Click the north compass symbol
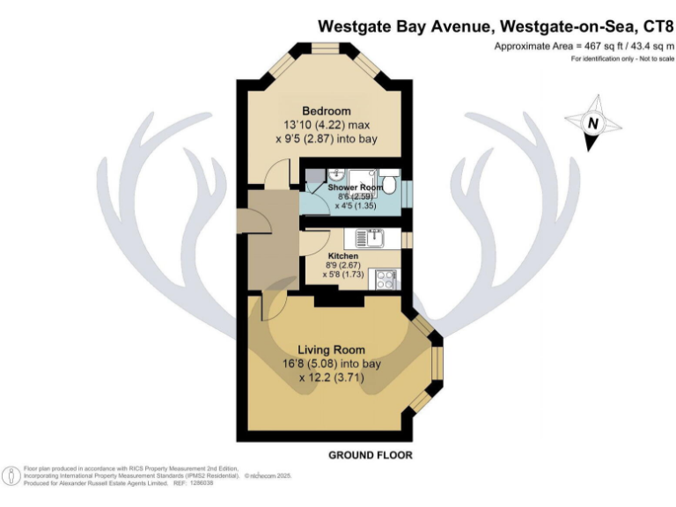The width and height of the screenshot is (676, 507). coord(593,123)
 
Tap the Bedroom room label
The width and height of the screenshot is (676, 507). coord(327,111)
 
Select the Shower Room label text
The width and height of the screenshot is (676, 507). coord(355,188)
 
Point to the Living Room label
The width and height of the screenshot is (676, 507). coord(331,349)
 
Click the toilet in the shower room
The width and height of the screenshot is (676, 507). coord(393,187)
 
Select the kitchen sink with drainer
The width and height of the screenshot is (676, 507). coord(372,238)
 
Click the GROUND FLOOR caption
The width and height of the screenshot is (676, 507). coord(371,455)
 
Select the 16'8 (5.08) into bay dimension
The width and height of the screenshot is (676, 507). coord(331,364)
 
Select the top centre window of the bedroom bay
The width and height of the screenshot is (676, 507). coord(326,48)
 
